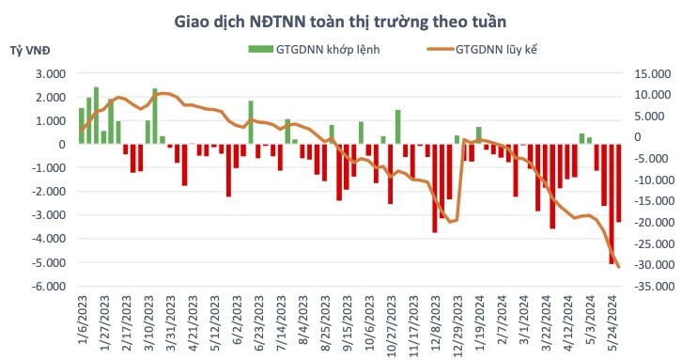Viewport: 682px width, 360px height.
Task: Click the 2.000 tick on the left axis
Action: (50, 97)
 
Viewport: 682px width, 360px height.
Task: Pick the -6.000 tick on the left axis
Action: (48, 286)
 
